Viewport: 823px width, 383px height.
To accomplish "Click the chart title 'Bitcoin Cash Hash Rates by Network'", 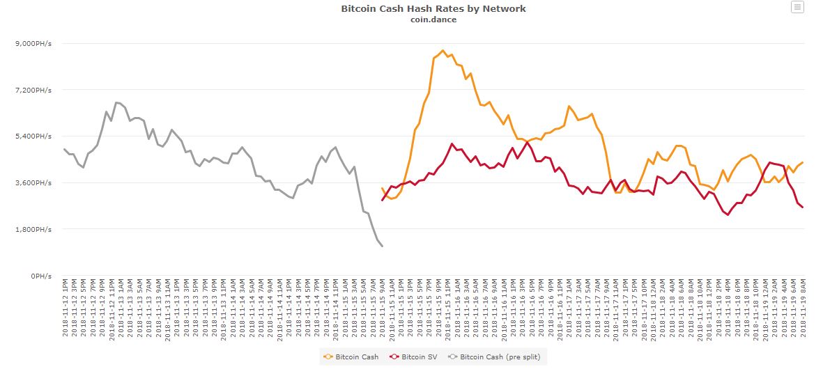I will click(x=433, y=8).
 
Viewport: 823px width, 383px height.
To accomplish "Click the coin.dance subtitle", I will click(x=433, y=19).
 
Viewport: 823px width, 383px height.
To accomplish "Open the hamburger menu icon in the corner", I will click(x=797, y=8).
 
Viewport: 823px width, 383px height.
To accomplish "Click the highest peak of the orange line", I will click(x=443, y=50).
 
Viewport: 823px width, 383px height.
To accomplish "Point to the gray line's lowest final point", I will click(x=382, y=246).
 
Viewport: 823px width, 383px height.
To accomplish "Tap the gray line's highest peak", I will click(x=116, y=102).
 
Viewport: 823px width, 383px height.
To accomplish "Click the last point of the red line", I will click(x=803, y=208).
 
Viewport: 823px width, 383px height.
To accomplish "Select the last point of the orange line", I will click(x=803, y=162).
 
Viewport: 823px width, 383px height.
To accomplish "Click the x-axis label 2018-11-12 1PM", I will click(x=65, y=308).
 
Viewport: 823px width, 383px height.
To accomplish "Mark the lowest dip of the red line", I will click(x=728, y=215).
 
